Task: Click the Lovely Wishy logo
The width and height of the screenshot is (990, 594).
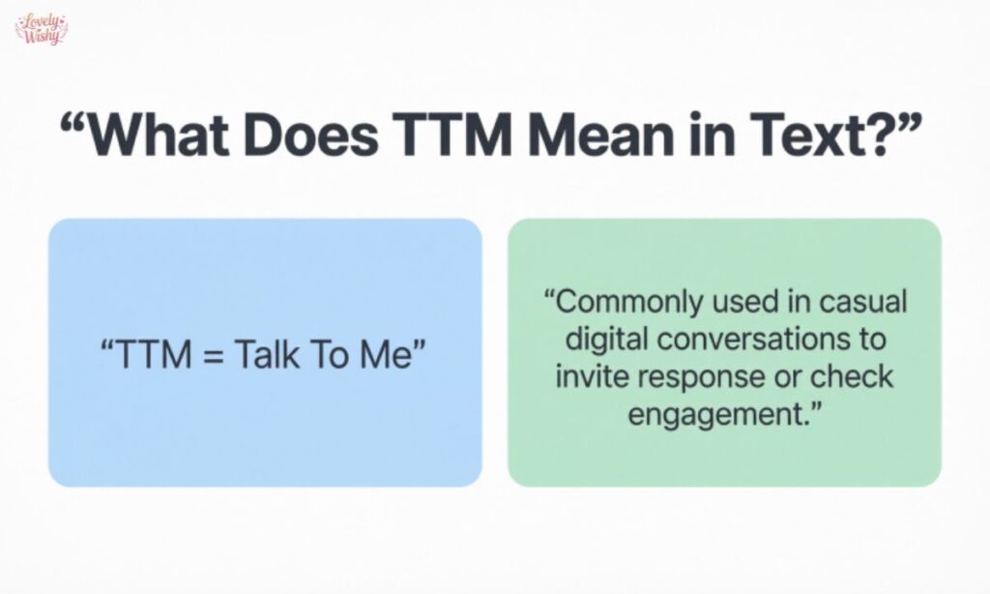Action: pyautogui.click(x=42, y=28)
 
